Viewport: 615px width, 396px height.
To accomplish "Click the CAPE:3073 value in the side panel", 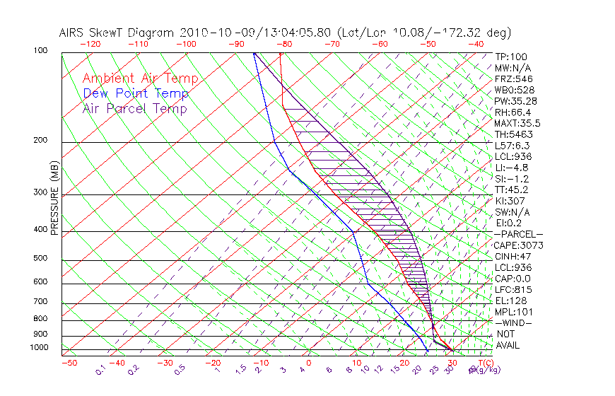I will (515, 245).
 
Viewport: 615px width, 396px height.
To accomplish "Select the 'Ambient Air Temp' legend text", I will (140, 78).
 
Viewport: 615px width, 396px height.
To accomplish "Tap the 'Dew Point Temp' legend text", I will (136, 93).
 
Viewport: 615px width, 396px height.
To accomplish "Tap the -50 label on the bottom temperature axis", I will (69, 363).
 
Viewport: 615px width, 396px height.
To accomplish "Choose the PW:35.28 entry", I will (516, 101).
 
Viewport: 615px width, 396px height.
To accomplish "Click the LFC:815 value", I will (513, 290).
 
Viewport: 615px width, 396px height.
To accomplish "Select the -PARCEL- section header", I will (519, 234).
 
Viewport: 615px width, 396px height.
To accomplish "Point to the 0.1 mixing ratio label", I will (100, 370).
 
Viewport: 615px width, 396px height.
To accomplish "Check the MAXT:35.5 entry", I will (516, 123).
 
